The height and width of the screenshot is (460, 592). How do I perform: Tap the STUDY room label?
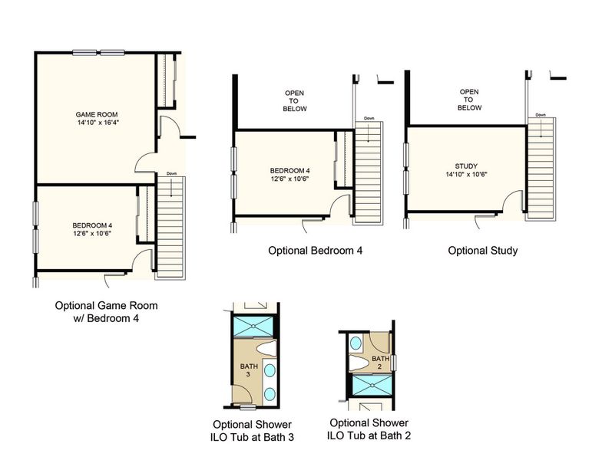(466, 166)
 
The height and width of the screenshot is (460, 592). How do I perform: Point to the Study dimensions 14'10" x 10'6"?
(466, 175)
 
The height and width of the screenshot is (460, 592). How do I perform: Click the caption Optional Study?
(482, 250)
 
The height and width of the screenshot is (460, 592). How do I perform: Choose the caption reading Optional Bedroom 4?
(315, 250)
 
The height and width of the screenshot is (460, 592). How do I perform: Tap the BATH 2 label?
(380, 363)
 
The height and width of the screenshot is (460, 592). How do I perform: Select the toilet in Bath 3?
(265, 350)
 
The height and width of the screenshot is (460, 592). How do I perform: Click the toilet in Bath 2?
(359, 363)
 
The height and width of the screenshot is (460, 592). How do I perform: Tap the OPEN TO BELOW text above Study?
(469, 100)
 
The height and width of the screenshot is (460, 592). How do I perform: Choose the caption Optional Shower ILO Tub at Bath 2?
(369, 429)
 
